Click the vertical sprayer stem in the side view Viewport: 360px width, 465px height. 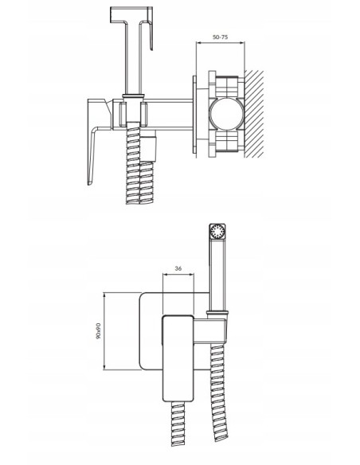pyautogui.click(x=129, y=64)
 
